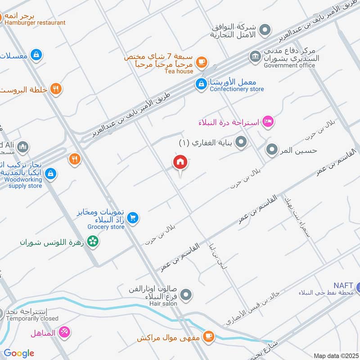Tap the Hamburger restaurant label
click(x=34, y=22)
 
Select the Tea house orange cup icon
click(x=201, y=62)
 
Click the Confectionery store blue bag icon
click(x=201, y=83)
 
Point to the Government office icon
click(x=255, y=57)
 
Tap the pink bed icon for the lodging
click(x=268, y=121)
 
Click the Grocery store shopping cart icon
click(x=132, y=218)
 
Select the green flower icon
click(x=93, y=242)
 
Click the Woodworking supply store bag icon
click(x=51, y=173)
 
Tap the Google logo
click(x=19, y=353)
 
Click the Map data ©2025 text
click(x=335, y=355)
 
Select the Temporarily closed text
click(x=32, y=319)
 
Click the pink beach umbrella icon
click(x=65, y=332)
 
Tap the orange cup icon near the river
click(x=208, y=336)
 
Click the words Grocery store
click(x=106, y=227)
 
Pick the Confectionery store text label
click(x=237, y=89)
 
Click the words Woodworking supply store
click(x=23, y=183)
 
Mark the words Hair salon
click(x=164, y=304)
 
